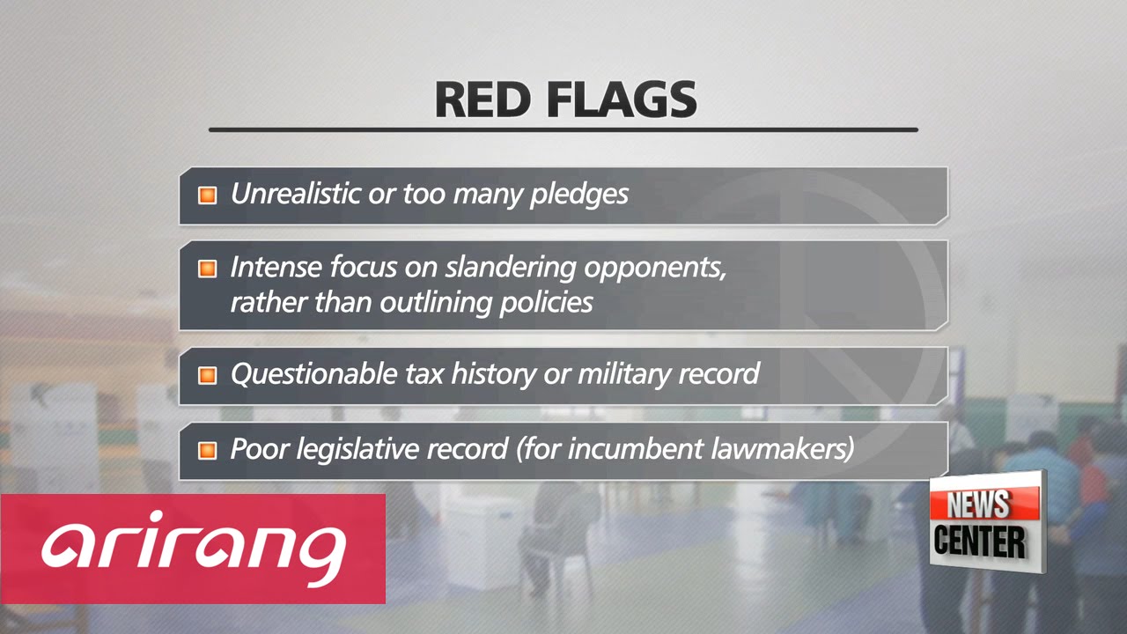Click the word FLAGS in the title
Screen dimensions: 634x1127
point(621,100)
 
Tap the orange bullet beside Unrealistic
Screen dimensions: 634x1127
point(207,195)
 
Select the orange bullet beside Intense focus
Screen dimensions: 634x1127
point(207,269)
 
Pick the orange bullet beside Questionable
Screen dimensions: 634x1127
point(207,375)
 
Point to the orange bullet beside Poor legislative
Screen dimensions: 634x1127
point(207,450)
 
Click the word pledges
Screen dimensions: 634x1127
point(578,195)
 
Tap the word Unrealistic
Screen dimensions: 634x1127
point(295,194)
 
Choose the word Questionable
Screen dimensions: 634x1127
point(313,373)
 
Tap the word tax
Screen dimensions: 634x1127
point(424,373)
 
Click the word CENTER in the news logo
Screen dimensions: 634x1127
point(979,541)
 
